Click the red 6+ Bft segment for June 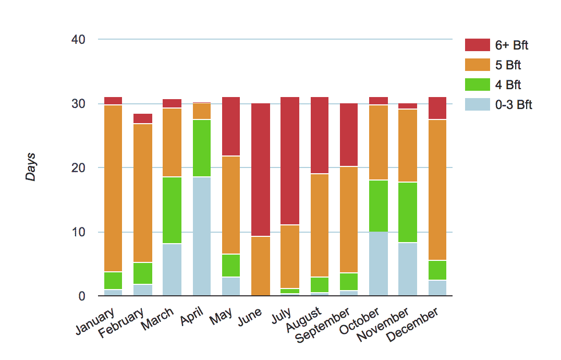tap(261, 170)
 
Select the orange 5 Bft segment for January tap(113, 188)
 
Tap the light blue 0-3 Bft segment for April tap(202, 236)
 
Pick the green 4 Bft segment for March tap(173, 210)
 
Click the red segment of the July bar tap(290, 161)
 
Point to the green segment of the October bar tap(378, 206)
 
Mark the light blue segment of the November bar tap(407, 269)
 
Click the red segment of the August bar tap(320, 135)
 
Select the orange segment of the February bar tap(143, 193)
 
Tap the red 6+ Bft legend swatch tap(478, 45)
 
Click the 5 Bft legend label tap(508, 65)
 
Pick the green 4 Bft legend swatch tap(478, 85)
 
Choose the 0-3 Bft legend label tap(514, 105)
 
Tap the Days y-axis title tap(31, 167)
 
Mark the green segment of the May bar tap(231, 266)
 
